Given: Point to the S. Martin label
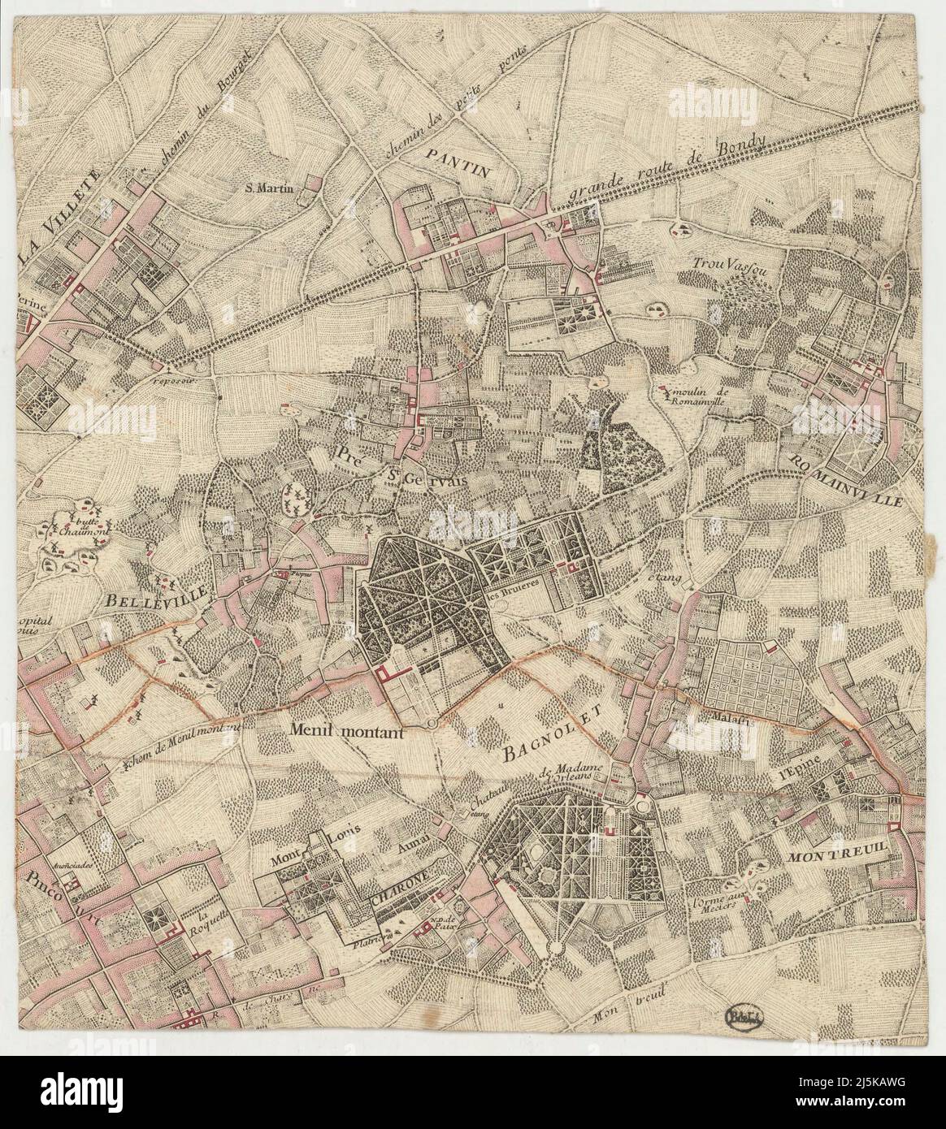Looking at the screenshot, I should [x=272, y=188].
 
